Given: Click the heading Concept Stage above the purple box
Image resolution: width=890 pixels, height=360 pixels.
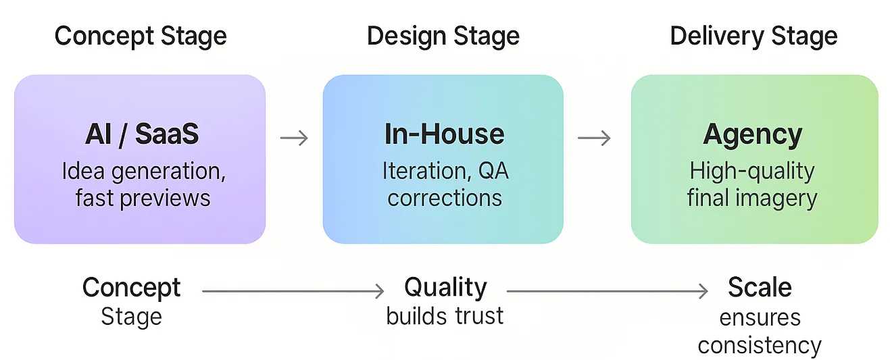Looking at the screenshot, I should coord(141,36).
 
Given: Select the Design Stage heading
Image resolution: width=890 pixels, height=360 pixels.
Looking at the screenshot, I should coord(443,36).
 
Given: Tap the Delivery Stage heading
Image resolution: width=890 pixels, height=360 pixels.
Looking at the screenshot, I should coord(753,36).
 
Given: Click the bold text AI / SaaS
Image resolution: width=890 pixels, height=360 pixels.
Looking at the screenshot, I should coord(142,134).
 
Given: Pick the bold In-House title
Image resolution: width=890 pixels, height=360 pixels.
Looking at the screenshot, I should coord(444,134).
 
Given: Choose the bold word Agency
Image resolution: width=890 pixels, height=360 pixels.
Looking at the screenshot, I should coord(753,135).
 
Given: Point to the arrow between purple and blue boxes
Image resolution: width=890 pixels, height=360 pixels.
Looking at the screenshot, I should coord(294,138).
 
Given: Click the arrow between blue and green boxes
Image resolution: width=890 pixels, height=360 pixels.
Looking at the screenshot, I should coord(594,138).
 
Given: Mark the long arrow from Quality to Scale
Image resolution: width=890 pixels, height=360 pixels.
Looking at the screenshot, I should coord(607,291).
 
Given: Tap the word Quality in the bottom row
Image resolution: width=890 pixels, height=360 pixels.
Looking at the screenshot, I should coord(445,288).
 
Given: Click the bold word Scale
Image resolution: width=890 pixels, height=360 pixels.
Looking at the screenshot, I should coord(760,288).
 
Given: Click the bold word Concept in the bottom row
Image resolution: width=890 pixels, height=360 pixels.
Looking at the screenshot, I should coord(131,288).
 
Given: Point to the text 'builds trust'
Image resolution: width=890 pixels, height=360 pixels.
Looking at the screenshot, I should coord(445,315).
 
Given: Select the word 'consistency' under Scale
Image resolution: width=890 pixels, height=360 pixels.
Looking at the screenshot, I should coord(760,345).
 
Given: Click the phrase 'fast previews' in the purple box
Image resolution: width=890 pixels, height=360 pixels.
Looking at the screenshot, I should coord(143,198).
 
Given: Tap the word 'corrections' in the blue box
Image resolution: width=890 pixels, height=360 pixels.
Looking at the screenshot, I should coord(445,198).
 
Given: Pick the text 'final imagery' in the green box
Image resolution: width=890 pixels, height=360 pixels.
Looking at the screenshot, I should coord(752,198).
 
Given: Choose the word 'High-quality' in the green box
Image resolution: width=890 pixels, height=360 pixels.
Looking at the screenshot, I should coord(752,171).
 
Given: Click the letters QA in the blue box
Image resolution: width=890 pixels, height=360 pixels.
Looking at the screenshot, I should coord(493,171).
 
